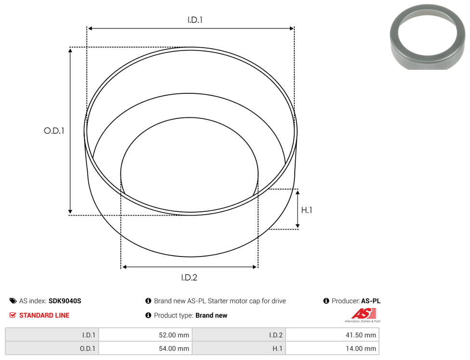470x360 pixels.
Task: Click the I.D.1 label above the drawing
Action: point(195,20)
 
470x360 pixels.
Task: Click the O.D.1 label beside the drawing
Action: point(54,130)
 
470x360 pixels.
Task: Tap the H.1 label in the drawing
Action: point(307,210)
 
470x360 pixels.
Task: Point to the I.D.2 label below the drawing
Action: point(189,277)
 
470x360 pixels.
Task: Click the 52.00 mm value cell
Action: point(146,335)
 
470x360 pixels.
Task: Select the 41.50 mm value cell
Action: point(332,335)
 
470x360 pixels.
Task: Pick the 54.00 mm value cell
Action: point(146,348)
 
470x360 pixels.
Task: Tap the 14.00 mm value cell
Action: point(332,348)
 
